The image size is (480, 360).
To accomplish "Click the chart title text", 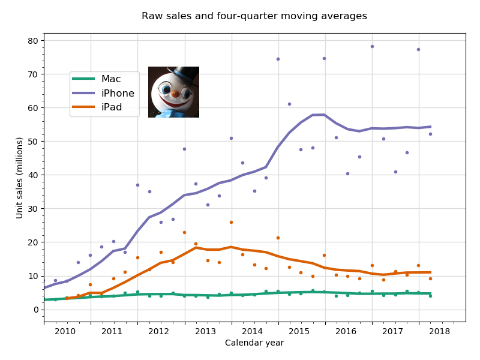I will click(254, 16).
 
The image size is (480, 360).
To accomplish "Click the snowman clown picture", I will click(173, 92).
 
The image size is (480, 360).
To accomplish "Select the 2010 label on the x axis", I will click(65, 331).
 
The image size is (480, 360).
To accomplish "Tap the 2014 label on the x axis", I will click(252, 331).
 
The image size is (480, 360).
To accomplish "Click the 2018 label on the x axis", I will click(440, 331).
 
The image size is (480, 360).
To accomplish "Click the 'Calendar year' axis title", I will click(254, 343).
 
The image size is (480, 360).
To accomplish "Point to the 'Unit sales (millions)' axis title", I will click(20, 178).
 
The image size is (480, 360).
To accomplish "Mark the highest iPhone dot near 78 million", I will click(372, 46).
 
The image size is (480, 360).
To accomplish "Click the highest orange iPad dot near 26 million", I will click(231, 222).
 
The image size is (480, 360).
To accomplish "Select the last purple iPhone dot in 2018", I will click(430, 134).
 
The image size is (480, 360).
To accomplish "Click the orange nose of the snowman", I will click(175, 94).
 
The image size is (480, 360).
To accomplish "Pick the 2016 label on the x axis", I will click(346, 331).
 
